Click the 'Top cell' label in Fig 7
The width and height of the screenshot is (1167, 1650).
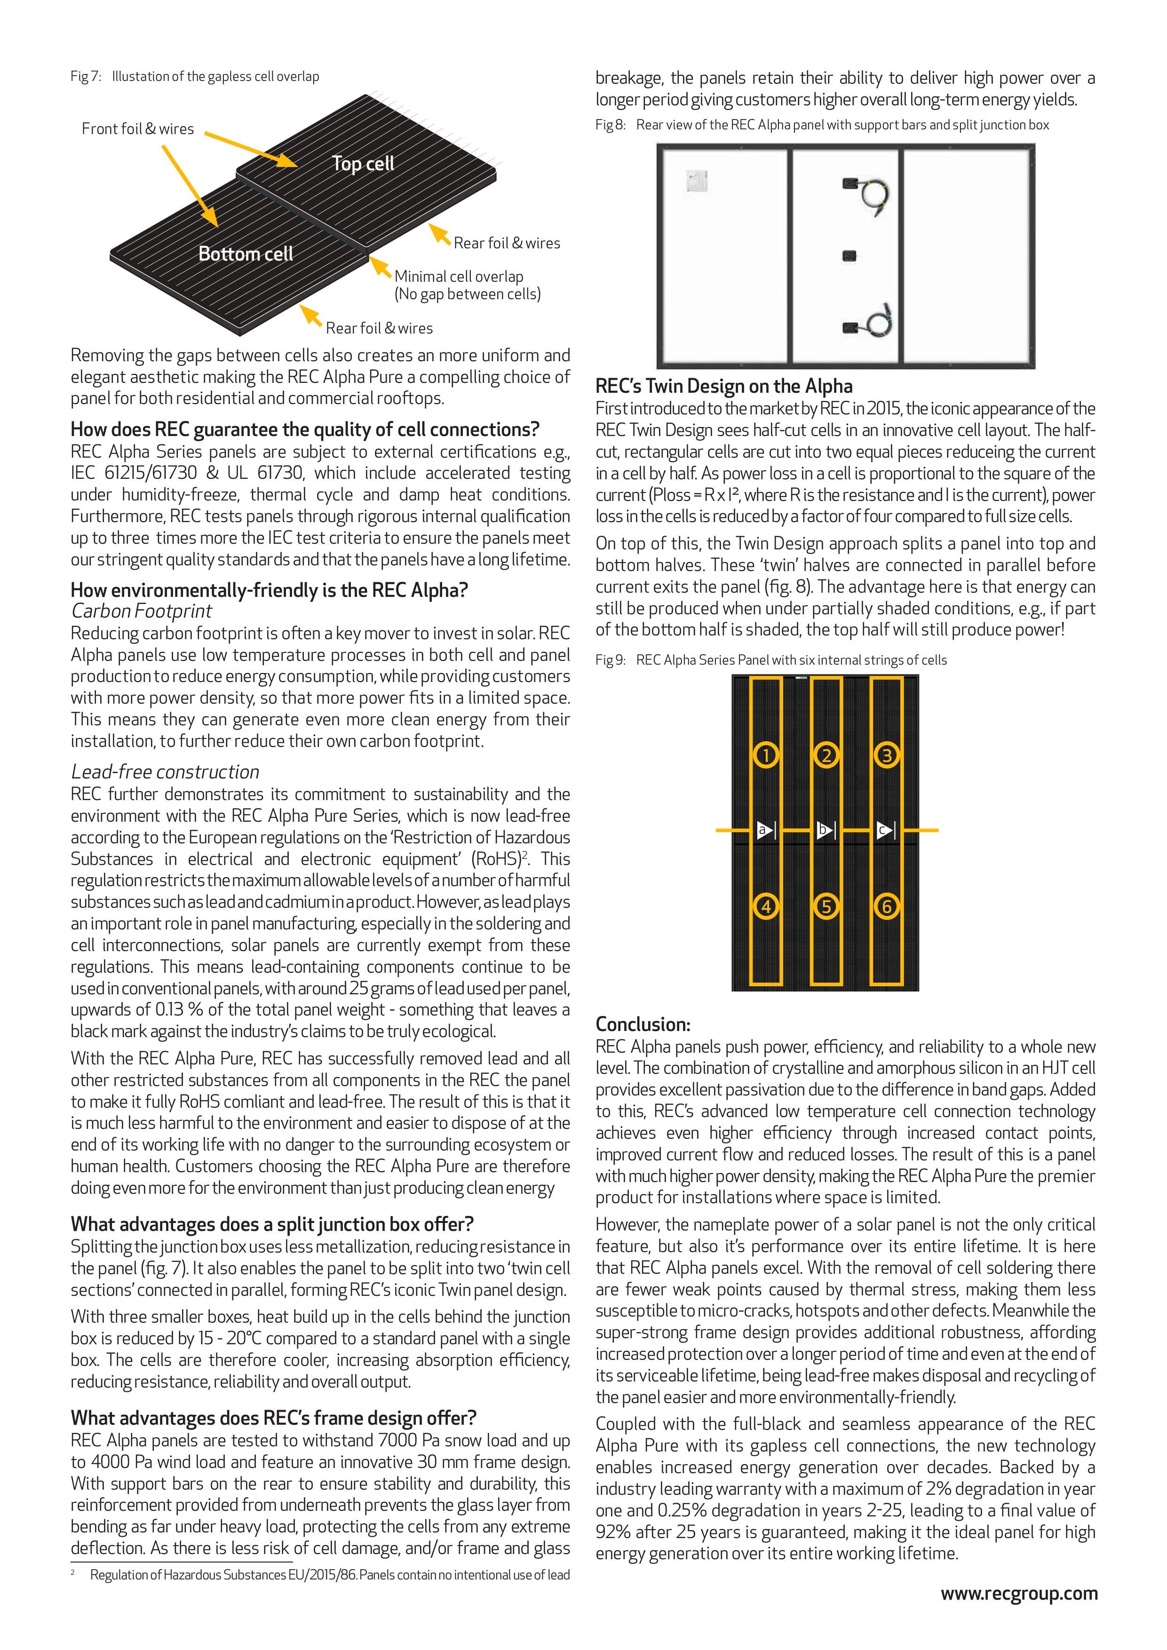click(363, 164)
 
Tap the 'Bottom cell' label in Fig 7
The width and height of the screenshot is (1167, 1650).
click(246, 254)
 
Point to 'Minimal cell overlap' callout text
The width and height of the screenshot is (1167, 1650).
click(459, 276)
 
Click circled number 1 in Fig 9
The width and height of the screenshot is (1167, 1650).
click(766, 755)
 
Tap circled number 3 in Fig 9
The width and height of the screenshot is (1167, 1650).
click(887, 755)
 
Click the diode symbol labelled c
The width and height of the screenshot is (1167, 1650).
click(887, 831)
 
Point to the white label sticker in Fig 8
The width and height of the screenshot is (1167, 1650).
click(697, 180)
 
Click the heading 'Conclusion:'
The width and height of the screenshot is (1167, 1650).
click(643, 1024)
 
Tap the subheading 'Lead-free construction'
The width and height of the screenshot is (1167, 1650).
click(165, 772)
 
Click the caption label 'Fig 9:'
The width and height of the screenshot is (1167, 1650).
click(610, 660)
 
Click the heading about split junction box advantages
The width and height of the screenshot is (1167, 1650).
click(272, 1224)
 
